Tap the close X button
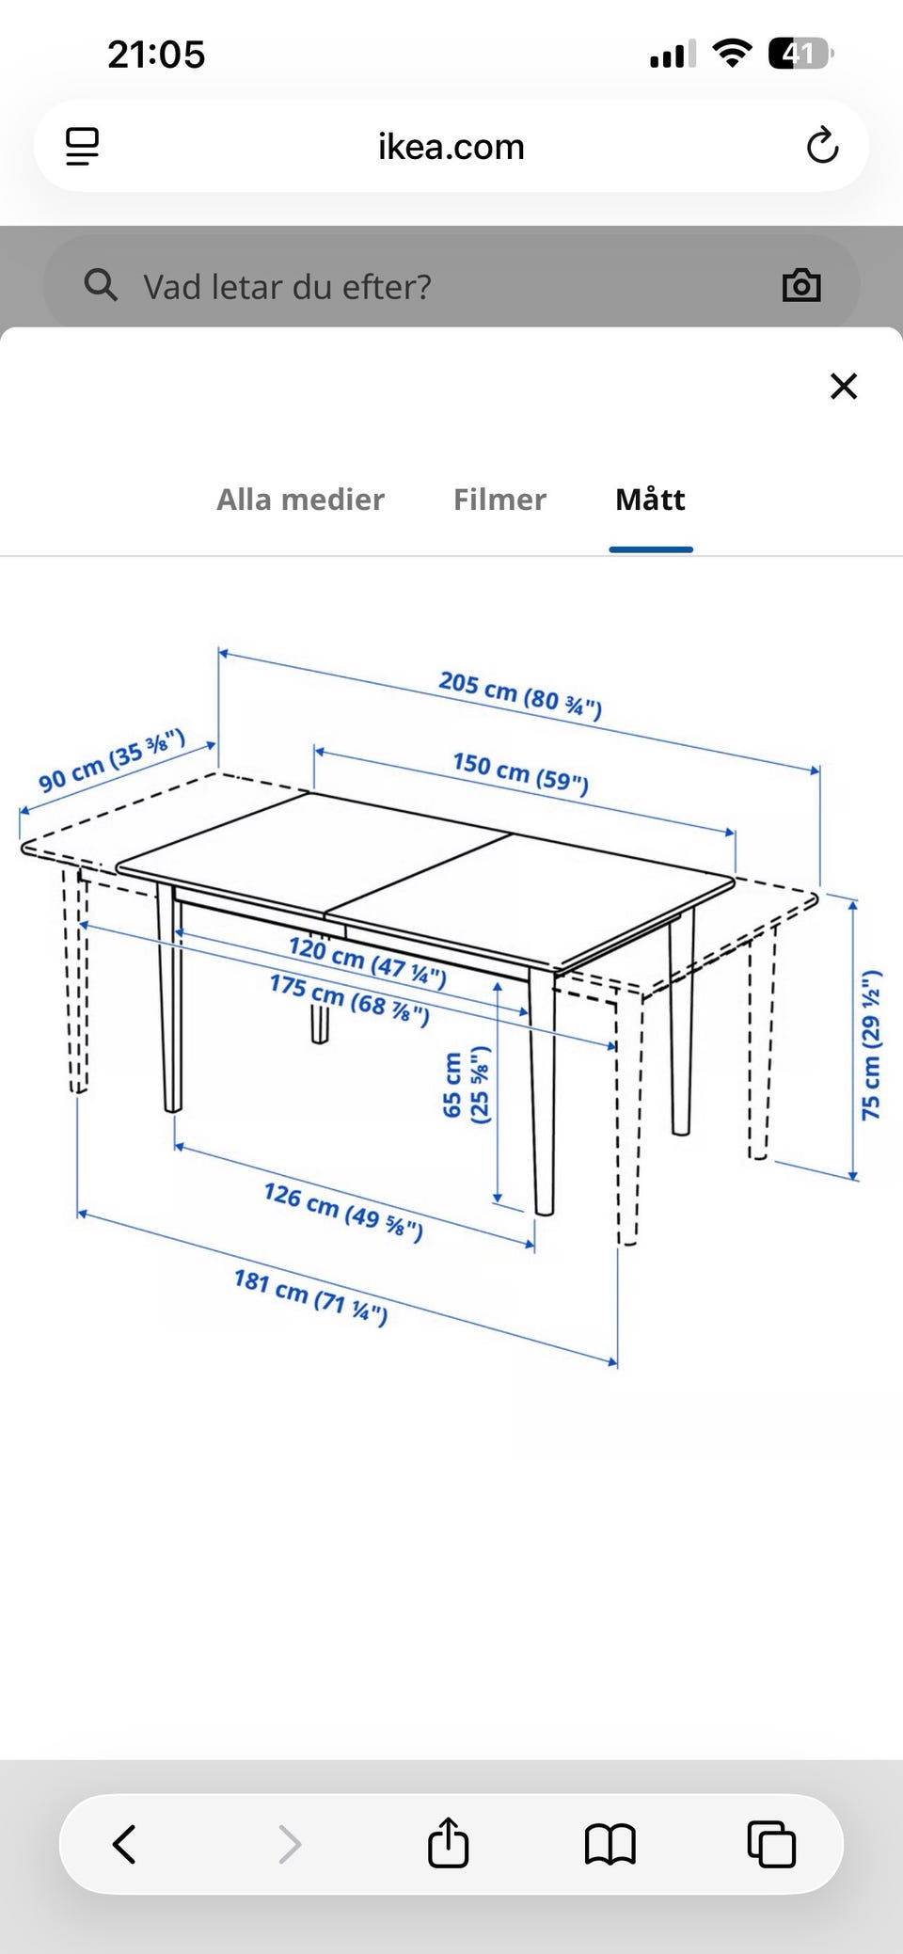click(844, 386)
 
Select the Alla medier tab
click(300, 499)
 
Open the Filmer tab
click(499, 499)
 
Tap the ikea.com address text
click(451, 147)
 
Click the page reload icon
click(822, 145)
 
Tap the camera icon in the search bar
click(801, 285)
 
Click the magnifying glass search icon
click(101, 284)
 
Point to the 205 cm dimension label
click(520, 694)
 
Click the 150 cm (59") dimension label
click(520, 772)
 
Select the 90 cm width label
click(111, 760)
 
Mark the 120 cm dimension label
click(367, 960)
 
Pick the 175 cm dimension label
click(349, 999)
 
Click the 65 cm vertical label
click(466, 1085)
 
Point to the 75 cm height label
click(871, 1044)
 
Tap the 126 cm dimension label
click(343, 1212)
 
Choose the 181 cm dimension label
click(310, 1296)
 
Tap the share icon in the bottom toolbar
click(448, 1841)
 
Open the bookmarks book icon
click(610, 1844)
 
